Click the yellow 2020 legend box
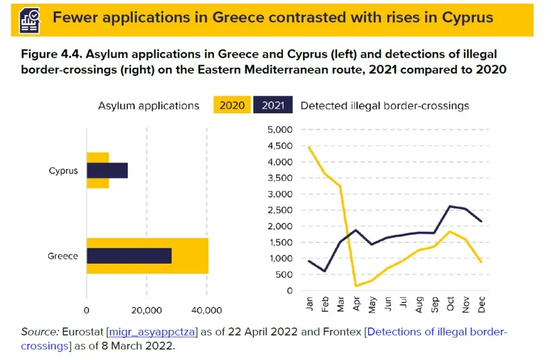[x=232, y=105]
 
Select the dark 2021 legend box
[x=273, y=105]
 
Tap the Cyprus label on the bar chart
[x=63, y=170]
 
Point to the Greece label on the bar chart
[x=63, y=255]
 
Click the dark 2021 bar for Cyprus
[x=107, y=170]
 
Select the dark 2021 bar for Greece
[x=129, y=255]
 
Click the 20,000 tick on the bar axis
[x=147, y=310]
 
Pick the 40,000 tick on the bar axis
[x=207, y=310]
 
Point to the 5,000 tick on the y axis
[x=280, y=130]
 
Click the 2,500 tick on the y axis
[x=280, y=210]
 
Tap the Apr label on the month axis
[x=356, y=305]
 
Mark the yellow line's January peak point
[x=309, y=147]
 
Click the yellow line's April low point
[x=356, y=286]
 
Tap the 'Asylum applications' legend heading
[x=148, y=106]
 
